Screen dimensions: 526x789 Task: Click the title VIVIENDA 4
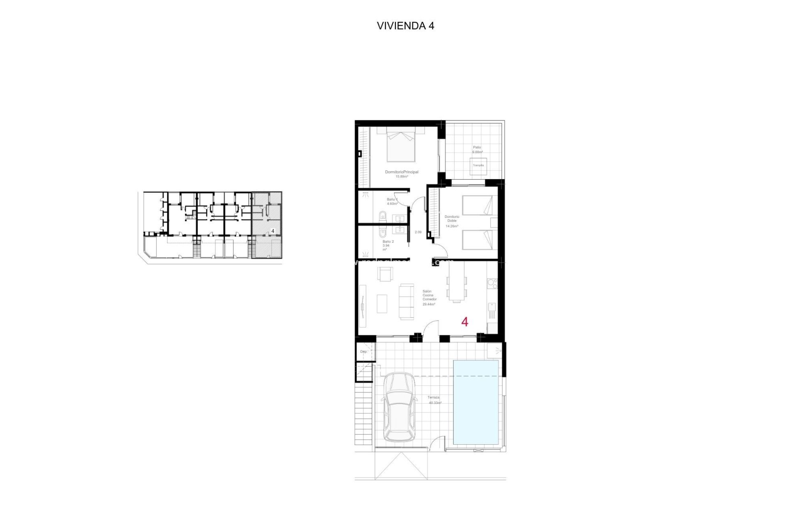coord(405,26)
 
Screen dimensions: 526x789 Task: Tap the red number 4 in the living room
coord(465,322)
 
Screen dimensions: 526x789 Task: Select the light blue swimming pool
coord(476,405)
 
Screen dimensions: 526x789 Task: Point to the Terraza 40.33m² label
coord(434,400)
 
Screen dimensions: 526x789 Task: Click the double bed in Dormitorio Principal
coord(401,145)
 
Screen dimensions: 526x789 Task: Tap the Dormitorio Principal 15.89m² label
coord(401,174)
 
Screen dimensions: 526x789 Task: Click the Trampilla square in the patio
coord(478,166)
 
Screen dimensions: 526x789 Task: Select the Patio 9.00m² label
coord(477,150)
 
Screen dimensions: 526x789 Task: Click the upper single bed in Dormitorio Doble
coord(477,205)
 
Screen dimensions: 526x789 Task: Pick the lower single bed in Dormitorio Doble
coord(477,240)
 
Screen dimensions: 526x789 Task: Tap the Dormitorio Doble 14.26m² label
coord(452,221)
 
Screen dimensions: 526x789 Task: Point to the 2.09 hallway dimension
coord(418,232)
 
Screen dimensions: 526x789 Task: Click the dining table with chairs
coord(457,283)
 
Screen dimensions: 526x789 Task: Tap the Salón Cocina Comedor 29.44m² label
coord(429,298)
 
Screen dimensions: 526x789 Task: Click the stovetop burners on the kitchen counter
coord(492,284)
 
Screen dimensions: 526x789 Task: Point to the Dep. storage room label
coord(364,352)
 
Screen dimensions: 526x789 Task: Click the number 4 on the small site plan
coord(273,231)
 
